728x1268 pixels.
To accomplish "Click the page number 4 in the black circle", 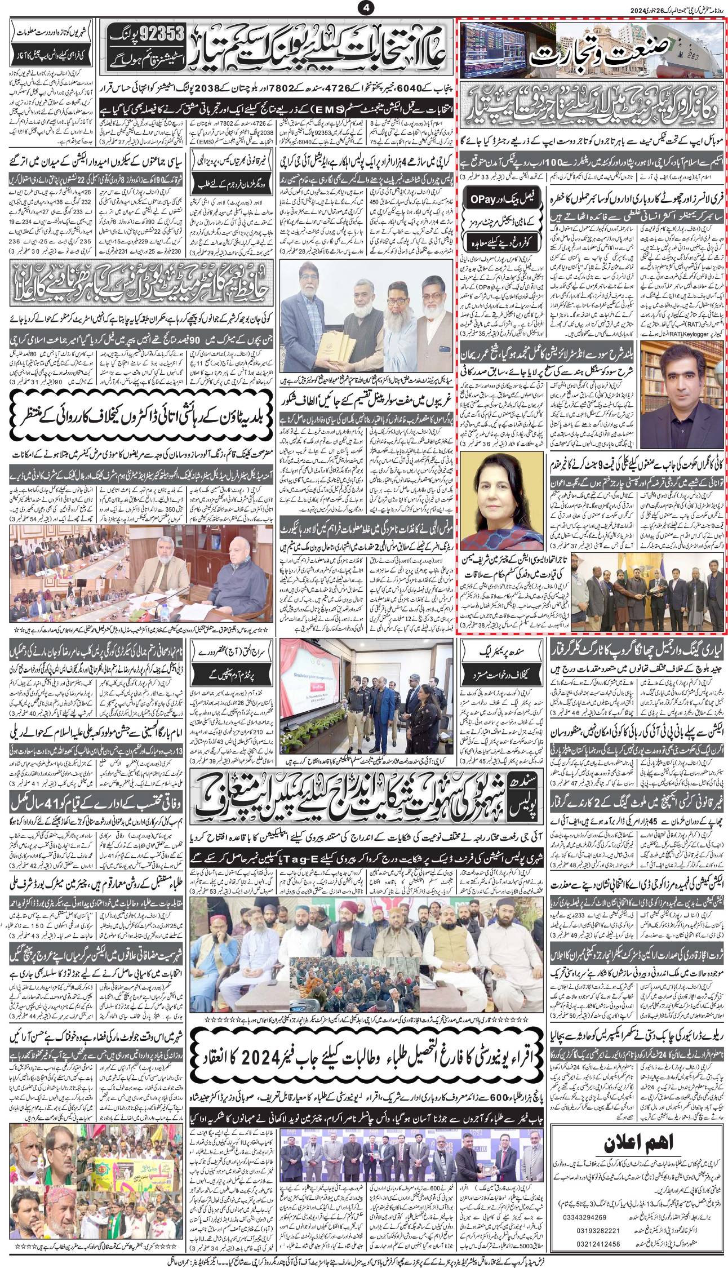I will [x=364, y=8].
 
